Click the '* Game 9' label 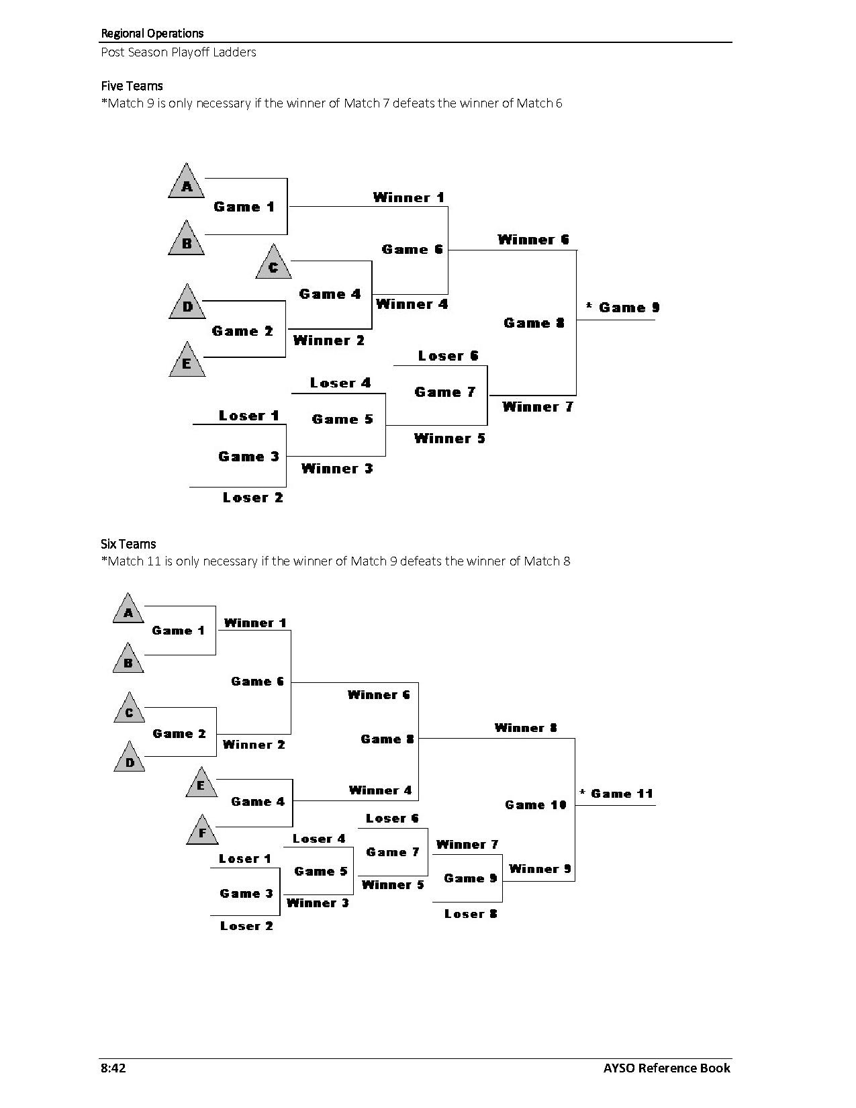(x=622, y=308)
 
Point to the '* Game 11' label (x=616, y=794)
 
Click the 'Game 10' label (x=536, y=804)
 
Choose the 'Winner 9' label (x=540, y=869)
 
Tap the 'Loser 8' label (x=471, y=914)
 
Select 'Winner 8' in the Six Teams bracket (x=526, y=728)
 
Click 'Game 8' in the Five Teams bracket (x=534, y=323)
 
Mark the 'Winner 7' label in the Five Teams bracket (x=538, y=407)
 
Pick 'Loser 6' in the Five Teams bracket (x=448, y=356)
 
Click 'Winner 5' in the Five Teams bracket (x=449, y=438)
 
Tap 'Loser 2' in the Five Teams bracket (x=253, y=498)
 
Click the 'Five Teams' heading (x=132, y=86)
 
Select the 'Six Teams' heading (x=128, y=544)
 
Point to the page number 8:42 (x=113, y=1068)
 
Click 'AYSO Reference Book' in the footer (x=666, y=1068)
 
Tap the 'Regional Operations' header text (x=152, y=33)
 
